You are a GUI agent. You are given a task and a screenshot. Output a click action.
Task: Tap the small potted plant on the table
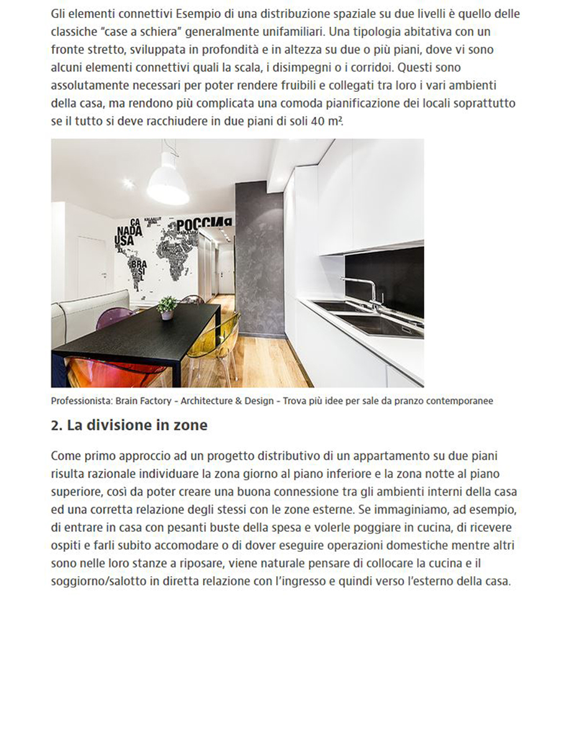166,307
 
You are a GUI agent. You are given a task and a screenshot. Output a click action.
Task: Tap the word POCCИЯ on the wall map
204,225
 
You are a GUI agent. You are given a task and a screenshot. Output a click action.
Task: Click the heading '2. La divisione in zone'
129,426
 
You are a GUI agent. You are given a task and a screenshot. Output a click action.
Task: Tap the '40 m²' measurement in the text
327,121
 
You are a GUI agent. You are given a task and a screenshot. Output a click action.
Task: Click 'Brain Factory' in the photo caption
143,401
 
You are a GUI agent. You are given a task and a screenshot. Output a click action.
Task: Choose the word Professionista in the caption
81,401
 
